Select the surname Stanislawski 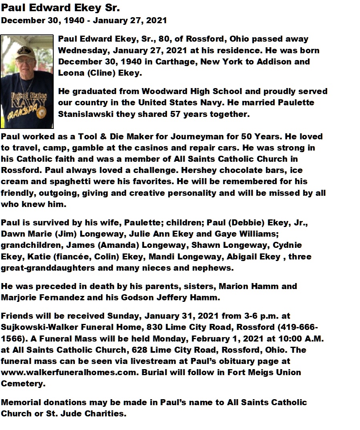click(85, 114)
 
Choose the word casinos click(159, 148)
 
